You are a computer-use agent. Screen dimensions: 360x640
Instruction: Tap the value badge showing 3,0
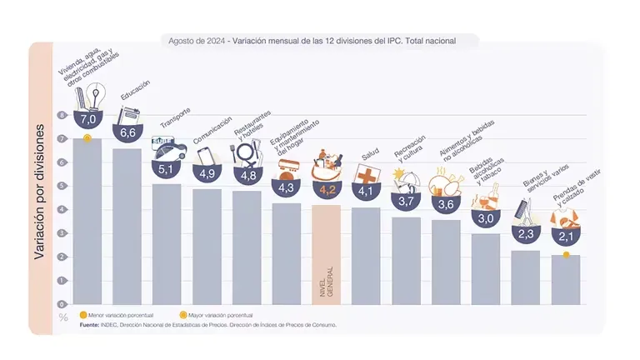point(486,218)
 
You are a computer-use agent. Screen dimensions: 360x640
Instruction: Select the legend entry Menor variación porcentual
point(116,316)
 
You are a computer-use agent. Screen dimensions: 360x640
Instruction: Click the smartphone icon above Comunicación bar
point(204,157)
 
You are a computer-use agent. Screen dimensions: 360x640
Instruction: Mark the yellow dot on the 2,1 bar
point(566,254)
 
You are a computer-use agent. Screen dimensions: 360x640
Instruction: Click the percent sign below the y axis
point(63,317)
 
